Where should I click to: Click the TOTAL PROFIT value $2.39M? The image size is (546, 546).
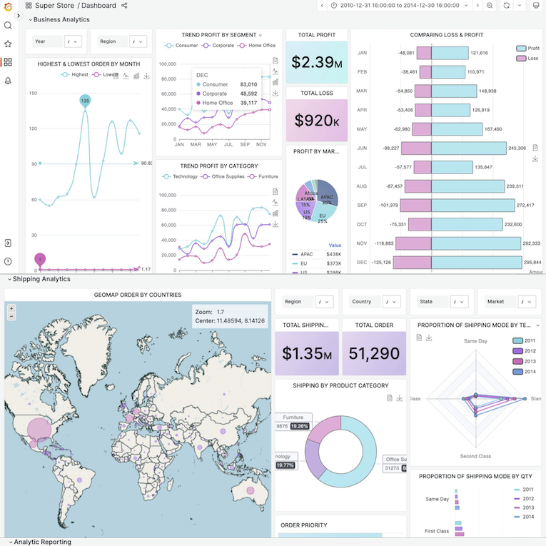point(316,62)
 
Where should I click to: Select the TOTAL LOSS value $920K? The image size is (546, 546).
point(316,120)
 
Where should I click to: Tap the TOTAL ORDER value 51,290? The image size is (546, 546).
point(373,353)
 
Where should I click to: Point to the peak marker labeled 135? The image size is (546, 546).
point(85,101)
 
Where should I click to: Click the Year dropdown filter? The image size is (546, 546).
point(74,41)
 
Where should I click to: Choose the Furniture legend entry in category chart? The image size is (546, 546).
point(263,176)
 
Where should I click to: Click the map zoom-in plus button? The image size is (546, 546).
point(11,308)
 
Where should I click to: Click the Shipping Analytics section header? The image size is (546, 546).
point(41,279)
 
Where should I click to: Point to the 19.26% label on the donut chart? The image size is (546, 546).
point(299,426)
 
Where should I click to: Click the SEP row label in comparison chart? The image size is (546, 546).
point(362,205)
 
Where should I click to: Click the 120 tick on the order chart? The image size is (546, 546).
point(33,128)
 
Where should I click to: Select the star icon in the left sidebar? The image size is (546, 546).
point(8,44)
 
